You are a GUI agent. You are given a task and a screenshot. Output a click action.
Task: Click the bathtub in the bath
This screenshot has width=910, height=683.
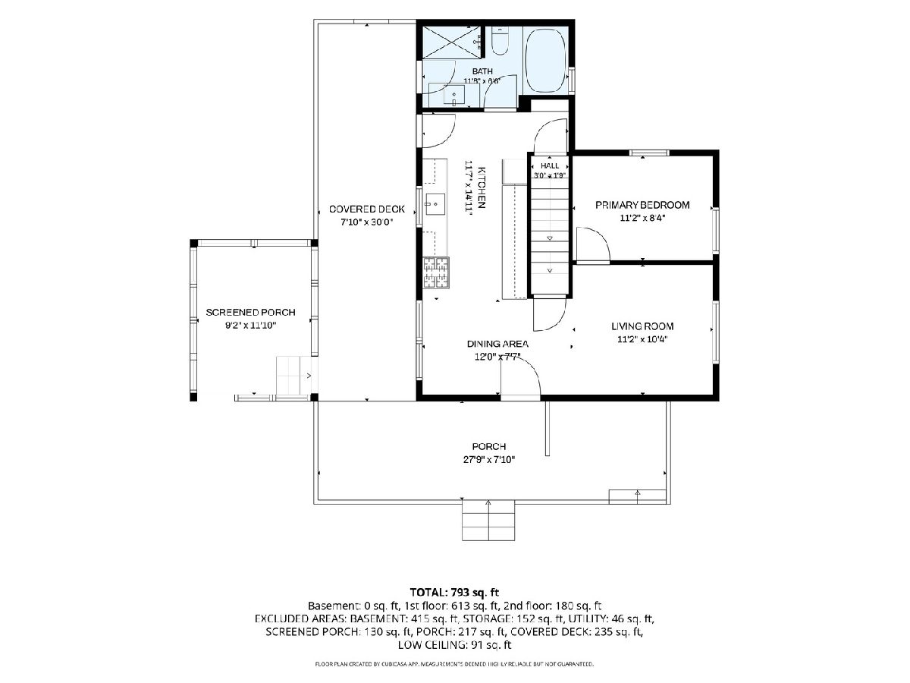click(x=545, y=60)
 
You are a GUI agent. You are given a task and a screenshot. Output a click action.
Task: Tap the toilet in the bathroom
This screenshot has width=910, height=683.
click(x=500, y=42)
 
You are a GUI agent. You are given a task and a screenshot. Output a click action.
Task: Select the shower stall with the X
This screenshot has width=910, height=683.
click(x=451, y=42)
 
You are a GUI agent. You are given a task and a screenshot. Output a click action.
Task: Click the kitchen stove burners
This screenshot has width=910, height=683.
click(x=436, y=273)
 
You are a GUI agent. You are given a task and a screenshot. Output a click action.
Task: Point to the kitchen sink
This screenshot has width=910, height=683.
click(x=435, y=204)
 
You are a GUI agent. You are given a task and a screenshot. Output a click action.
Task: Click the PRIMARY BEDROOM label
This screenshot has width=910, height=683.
click(x=642, y=205)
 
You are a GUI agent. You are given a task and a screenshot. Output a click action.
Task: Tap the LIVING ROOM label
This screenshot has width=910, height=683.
click(x=642, y=326)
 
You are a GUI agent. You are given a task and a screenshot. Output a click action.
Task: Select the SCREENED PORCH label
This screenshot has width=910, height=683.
click(x=250, y=312)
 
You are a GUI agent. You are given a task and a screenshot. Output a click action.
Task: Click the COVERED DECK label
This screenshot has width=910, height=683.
click(x=366, y=209)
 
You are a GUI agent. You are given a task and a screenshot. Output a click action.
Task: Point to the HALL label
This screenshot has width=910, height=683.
click(x=550, y=166)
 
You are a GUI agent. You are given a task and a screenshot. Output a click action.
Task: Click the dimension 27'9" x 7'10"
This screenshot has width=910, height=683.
click(x=489, y=459)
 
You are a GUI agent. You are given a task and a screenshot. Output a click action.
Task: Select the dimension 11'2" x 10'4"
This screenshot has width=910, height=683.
click(x=642, y=339)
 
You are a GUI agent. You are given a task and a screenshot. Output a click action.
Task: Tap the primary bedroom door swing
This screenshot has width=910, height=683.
click(x=593, y=244)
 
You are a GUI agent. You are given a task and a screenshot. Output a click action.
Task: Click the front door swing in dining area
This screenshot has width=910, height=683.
click(x=520, y=376)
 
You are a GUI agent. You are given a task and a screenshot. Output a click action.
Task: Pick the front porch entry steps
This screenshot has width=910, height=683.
click(x=488, y=520)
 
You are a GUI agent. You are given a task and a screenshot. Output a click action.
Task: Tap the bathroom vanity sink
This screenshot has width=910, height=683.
click(x=453, y=95)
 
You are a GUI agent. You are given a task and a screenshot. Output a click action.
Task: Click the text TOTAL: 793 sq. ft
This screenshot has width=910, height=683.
click(x=454, y=592)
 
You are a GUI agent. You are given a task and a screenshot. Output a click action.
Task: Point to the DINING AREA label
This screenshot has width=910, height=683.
click(x=497, y=344)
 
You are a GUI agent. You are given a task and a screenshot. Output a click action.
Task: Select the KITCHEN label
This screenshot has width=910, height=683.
click(x=482, y=187)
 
